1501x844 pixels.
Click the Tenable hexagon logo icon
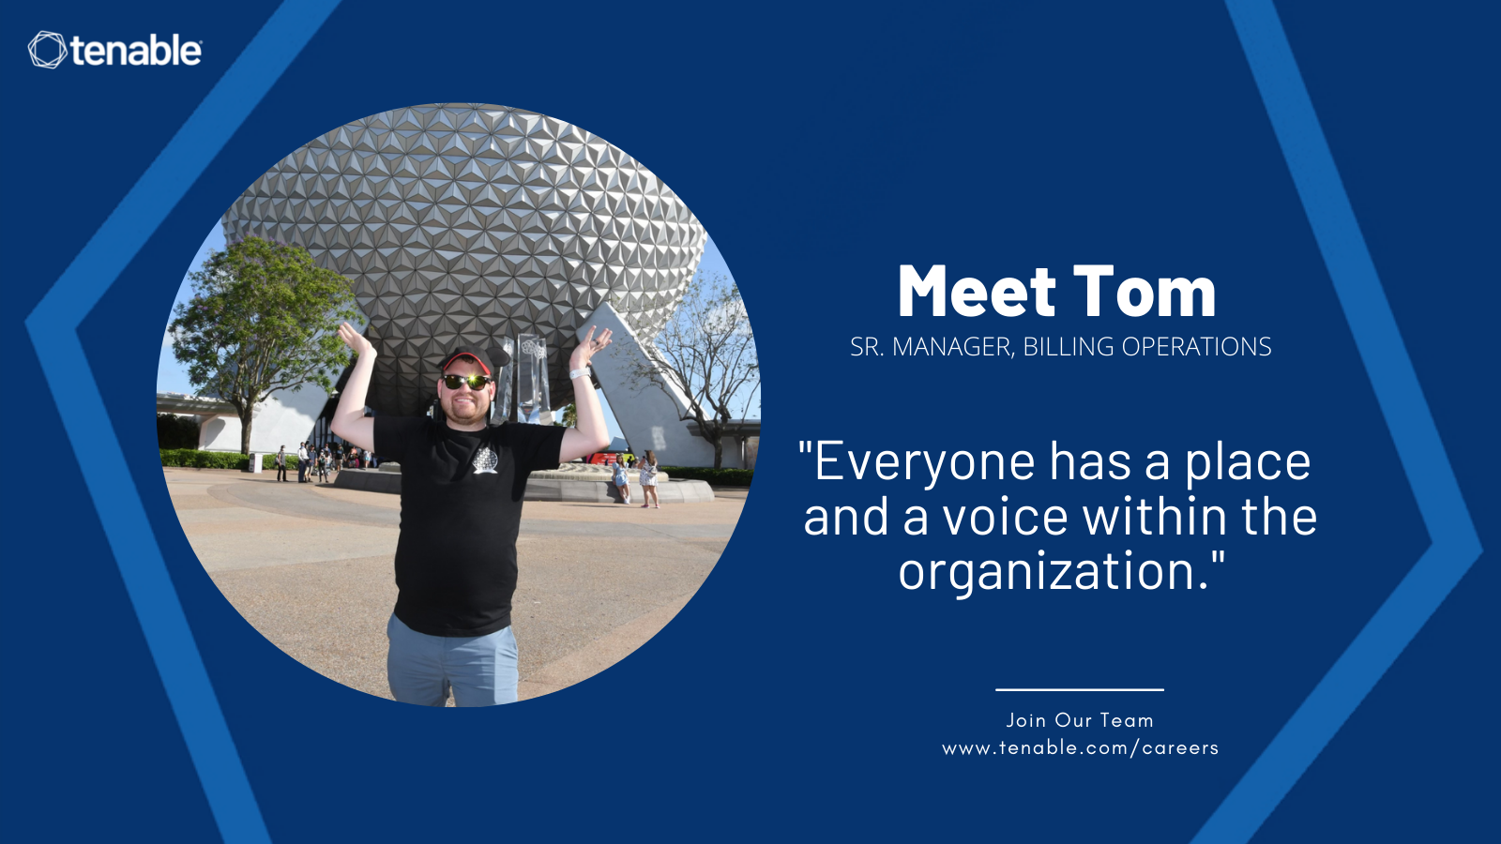(x=48, y=51)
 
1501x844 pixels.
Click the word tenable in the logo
(x=136, y=51)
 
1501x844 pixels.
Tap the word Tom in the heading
(x=1145, y=292)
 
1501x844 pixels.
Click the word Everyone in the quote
(x=925, y=463)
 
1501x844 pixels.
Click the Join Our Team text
(x=1080, y=721)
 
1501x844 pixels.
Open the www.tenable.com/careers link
(x=1080, y=748)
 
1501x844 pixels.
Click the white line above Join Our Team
(x=1080, y=689)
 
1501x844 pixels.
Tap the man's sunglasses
(x=466, y=382)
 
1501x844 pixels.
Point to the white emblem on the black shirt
(x=485, y=460)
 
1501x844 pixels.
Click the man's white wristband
(x=581, y=373)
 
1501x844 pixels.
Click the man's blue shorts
(x=453, y=660)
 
